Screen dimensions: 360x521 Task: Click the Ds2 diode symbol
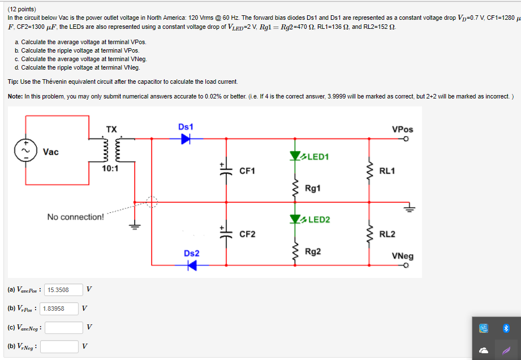coord(192,265)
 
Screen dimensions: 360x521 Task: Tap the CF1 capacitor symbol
coord(226,170)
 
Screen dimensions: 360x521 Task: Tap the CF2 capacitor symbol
coord(226,233)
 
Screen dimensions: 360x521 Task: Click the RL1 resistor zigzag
coord(370,170)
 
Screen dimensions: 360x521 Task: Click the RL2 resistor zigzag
coord(370,234)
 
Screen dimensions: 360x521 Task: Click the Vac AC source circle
coord(25,152)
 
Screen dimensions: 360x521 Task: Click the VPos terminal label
coord(402,129)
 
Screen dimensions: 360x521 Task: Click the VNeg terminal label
coord(402,256)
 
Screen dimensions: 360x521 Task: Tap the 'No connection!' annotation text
coord(75,217)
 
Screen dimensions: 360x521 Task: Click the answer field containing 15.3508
coord(63,290)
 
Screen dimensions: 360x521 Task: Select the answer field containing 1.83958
coord(59,308)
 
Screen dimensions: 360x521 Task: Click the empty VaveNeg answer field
coord(64,328)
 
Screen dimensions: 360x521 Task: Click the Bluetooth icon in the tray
coord(506,328)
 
